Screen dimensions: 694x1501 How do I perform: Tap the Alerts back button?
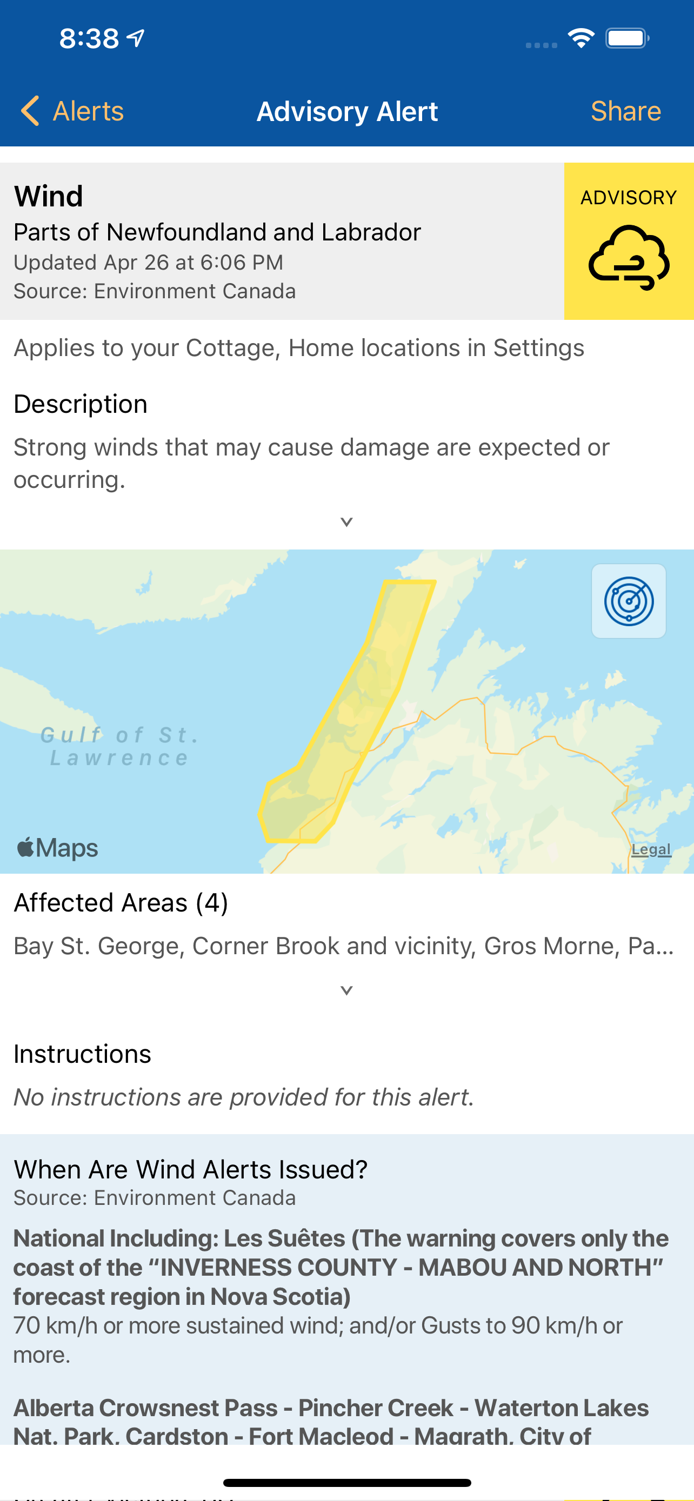click(73, 111)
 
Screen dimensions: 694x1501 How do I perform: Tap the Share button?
click(625, 111)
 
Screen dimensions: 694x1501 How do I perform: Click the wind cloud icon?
click(629, 257)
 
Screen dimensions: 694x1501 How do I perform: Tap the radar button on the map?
click(628, 601)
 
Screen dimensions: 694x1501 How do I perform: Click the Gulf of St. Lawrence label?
click(119, 746)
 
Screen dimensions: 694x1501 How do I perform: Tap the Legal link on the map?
click(651, 849)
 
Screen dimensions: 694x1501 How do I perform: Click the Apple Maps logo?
click(58, 848)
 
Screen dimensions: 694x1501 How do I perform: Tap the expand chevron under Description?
click(346, 521)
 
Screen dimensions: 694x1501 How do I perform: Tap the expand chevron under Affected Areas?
click(346, 990)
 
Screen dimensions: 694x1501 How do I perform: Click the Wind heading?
click(48, 196)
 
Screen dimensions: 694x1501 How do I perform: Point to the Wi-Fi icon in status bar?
click(581, 38)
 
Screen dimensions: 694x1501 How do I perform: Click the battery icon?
click(627, 38)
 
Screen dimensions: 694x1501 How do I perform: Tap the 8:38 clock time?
click(89, 38)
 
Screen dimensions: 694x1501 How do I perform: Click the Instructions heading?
click(82, 1054)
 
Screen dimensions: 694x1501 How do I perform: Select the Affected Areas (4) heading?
click(121, 902)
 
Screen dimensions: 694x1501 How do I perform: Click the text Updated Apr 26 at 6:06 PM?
click(148, 262)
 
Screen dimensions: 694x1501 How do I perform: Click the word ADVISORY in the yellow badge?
click(628, 198)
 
